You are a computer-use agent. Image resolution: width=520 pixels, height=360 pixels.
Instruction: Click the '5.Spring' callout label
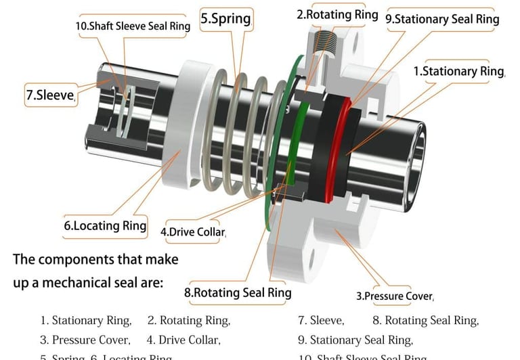tap(225, 19)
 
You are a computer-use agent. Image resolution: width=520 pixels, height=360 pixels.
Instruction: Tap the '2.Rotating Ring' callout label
tap(337, 14)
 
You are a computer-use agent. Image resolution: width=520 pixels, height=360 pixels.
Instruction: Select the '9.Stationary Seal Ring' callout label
tap(442, 19)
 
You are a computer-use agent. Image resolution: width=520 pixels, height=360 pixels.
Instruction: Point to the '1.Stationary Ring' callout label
tap(459, 71)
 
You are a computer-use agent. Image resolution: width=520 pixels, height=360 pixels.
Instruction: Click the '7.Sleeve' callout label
tap(50, 95)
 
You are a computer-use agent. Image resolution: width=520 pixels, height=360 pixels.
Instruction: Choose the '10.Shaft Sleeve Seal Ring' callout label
tap(133, 26)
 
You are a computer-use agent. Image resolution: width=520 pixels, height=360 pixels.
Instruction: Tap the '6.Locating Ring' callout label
tap(105, 226)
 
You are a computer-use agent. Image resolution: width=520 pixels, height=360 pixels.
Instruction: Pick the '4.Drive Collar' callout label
tap(193, 232)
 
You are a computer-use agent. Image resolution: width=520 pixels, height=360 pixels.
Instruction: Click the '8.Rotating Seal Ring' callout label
tap(238, 292)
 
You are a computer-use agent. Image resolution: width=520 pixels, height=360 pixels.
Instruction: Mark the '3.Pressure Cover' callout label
tap(395, 296)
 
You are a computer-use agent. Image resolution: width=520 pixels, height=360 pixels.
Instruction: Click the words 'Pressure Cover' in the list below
tap(91, 340)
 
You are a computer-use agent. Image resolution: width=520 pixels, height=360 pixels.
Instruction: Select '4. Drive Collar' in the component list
tap(183, 340)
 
